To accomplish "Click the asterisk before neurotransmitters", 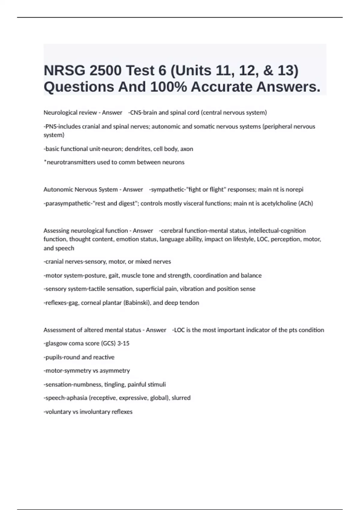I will (45, 162).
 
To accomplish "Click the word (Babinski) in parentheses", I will (137, 303).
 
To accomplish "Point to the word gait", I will (114, 275).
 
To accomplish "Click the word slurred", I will (181, 398).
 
